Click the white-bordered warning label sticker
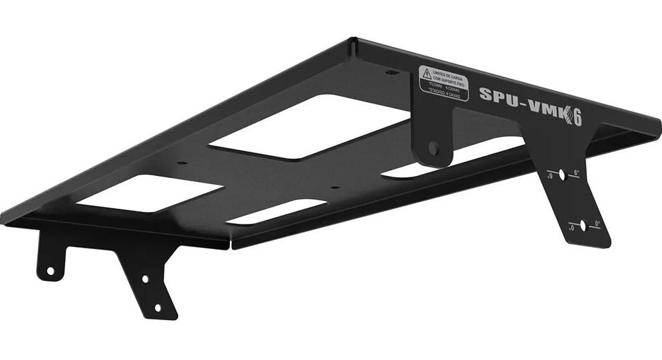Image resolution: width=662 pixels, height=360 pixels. coord(443,83)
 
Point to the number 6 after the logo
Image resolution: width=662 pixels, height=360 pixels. coord(577,118)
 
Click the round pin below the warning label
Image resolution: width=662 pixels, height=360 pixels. coord(433,147)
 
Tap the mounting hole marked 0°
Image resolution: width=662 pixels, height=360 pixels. coord(583,226)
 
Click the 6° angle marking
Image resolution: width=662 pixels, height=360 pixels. coord(576,172)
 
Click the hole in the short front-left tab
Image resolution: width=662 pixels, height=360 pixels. coord(49,270)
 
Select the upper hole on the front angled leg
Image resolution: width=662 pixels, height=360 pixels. coord(146,279)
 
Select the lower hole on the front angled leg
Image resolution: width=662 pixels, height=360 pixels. coord(158,308)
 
